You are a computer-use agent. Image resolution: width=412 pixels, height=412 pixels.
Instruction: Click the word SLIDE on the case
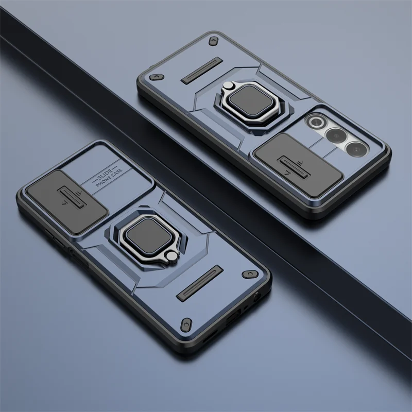tap(105, 175)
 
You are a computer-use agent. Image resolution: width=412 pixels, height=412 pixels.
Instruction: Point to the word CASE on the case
tap(117, 174)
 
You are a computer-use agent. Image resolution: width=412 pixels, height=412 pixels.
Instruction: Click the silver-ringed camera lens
tap(317, 122)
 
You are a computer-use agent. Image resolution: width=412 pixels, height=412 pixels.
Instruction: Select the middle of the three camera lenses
tap(336, 135)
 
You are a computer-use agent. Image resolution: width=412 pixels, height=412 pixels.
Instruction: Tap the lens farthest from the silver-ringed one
tap(356, 149)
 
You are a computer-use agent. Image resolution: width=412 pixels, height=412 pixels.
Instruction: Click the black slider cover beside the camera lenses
tap(299, 165)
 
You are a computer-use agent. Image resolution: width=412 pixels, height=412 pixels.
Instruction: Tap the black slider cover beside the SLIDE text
tap(67, 202)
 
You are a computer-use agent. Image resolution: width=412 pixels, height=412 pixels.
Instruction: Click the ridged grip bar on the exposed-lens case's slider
tap(294, 167)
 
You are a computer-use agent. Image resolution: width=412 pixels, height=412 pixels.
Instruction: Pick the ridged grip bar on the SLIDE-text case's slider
tap(72, 198)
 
